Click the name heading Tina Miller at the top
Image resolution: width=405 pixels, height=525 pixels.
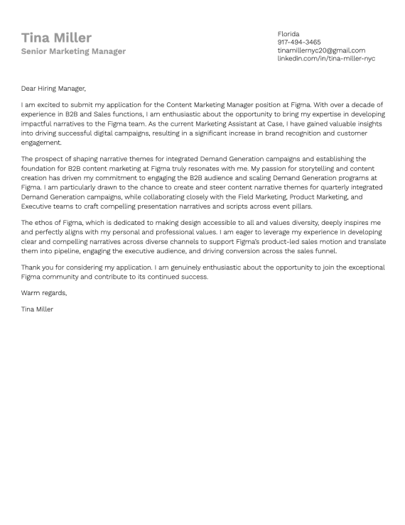(56, 38)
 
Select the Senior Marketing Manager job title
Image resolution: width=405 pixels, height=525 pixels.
(73, 51)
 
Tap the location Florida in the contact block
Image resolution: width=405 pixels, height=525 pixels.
(288, 34)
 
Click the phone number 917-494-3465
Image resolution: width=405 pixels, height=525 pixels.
(298, 42)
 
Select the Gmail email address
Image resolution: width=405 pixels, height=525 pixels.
(321, 50)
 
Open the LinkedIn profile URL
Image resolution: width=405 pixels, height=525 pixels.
(325, 58)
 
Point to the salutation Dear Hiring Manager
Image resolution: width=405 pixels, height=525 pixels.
(53, 89)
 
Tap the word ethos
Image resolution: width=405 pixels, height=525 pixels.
(44, 223)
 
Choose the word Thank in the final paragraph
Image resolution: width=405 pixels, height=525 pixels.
(32, 267)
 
